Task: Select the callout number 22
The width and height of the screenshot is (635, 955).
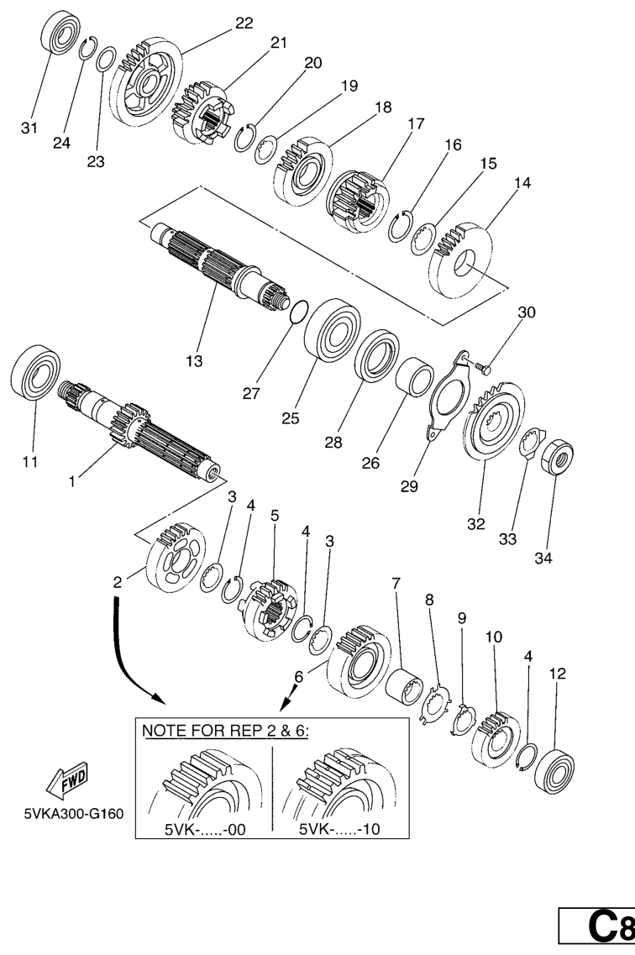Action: coord(244,24)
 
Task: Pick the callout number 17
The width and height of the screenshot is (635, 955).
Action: coord(416,123)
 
